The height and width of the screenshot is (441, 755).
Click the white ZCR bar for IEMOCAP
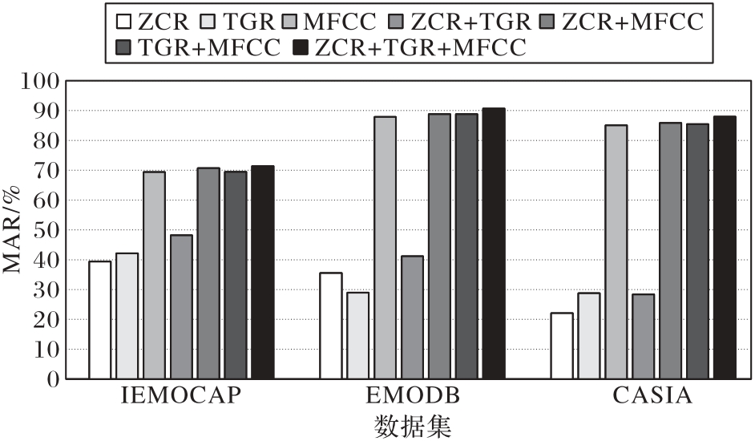(100, 320)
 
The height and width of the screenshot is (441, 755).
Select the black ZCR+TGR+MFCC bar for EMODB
(494, 244)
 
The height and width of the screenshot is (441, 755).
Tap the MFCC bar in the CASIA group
(616, 252)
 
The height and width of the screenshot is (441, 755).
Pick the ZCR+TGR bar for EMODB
(412, 318)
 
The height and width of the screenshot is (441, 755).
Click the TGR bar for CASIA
(589, 336)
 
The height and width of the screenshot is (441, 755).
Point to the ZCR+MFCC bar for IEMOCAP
(208, 273)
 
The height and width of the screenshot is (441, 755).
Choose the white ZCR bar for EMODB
(331, 326)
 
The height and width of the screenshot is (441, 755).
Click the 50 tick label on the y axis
(46, 230)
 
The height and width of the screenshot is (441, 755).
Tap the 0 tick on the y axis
(53, 379)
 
